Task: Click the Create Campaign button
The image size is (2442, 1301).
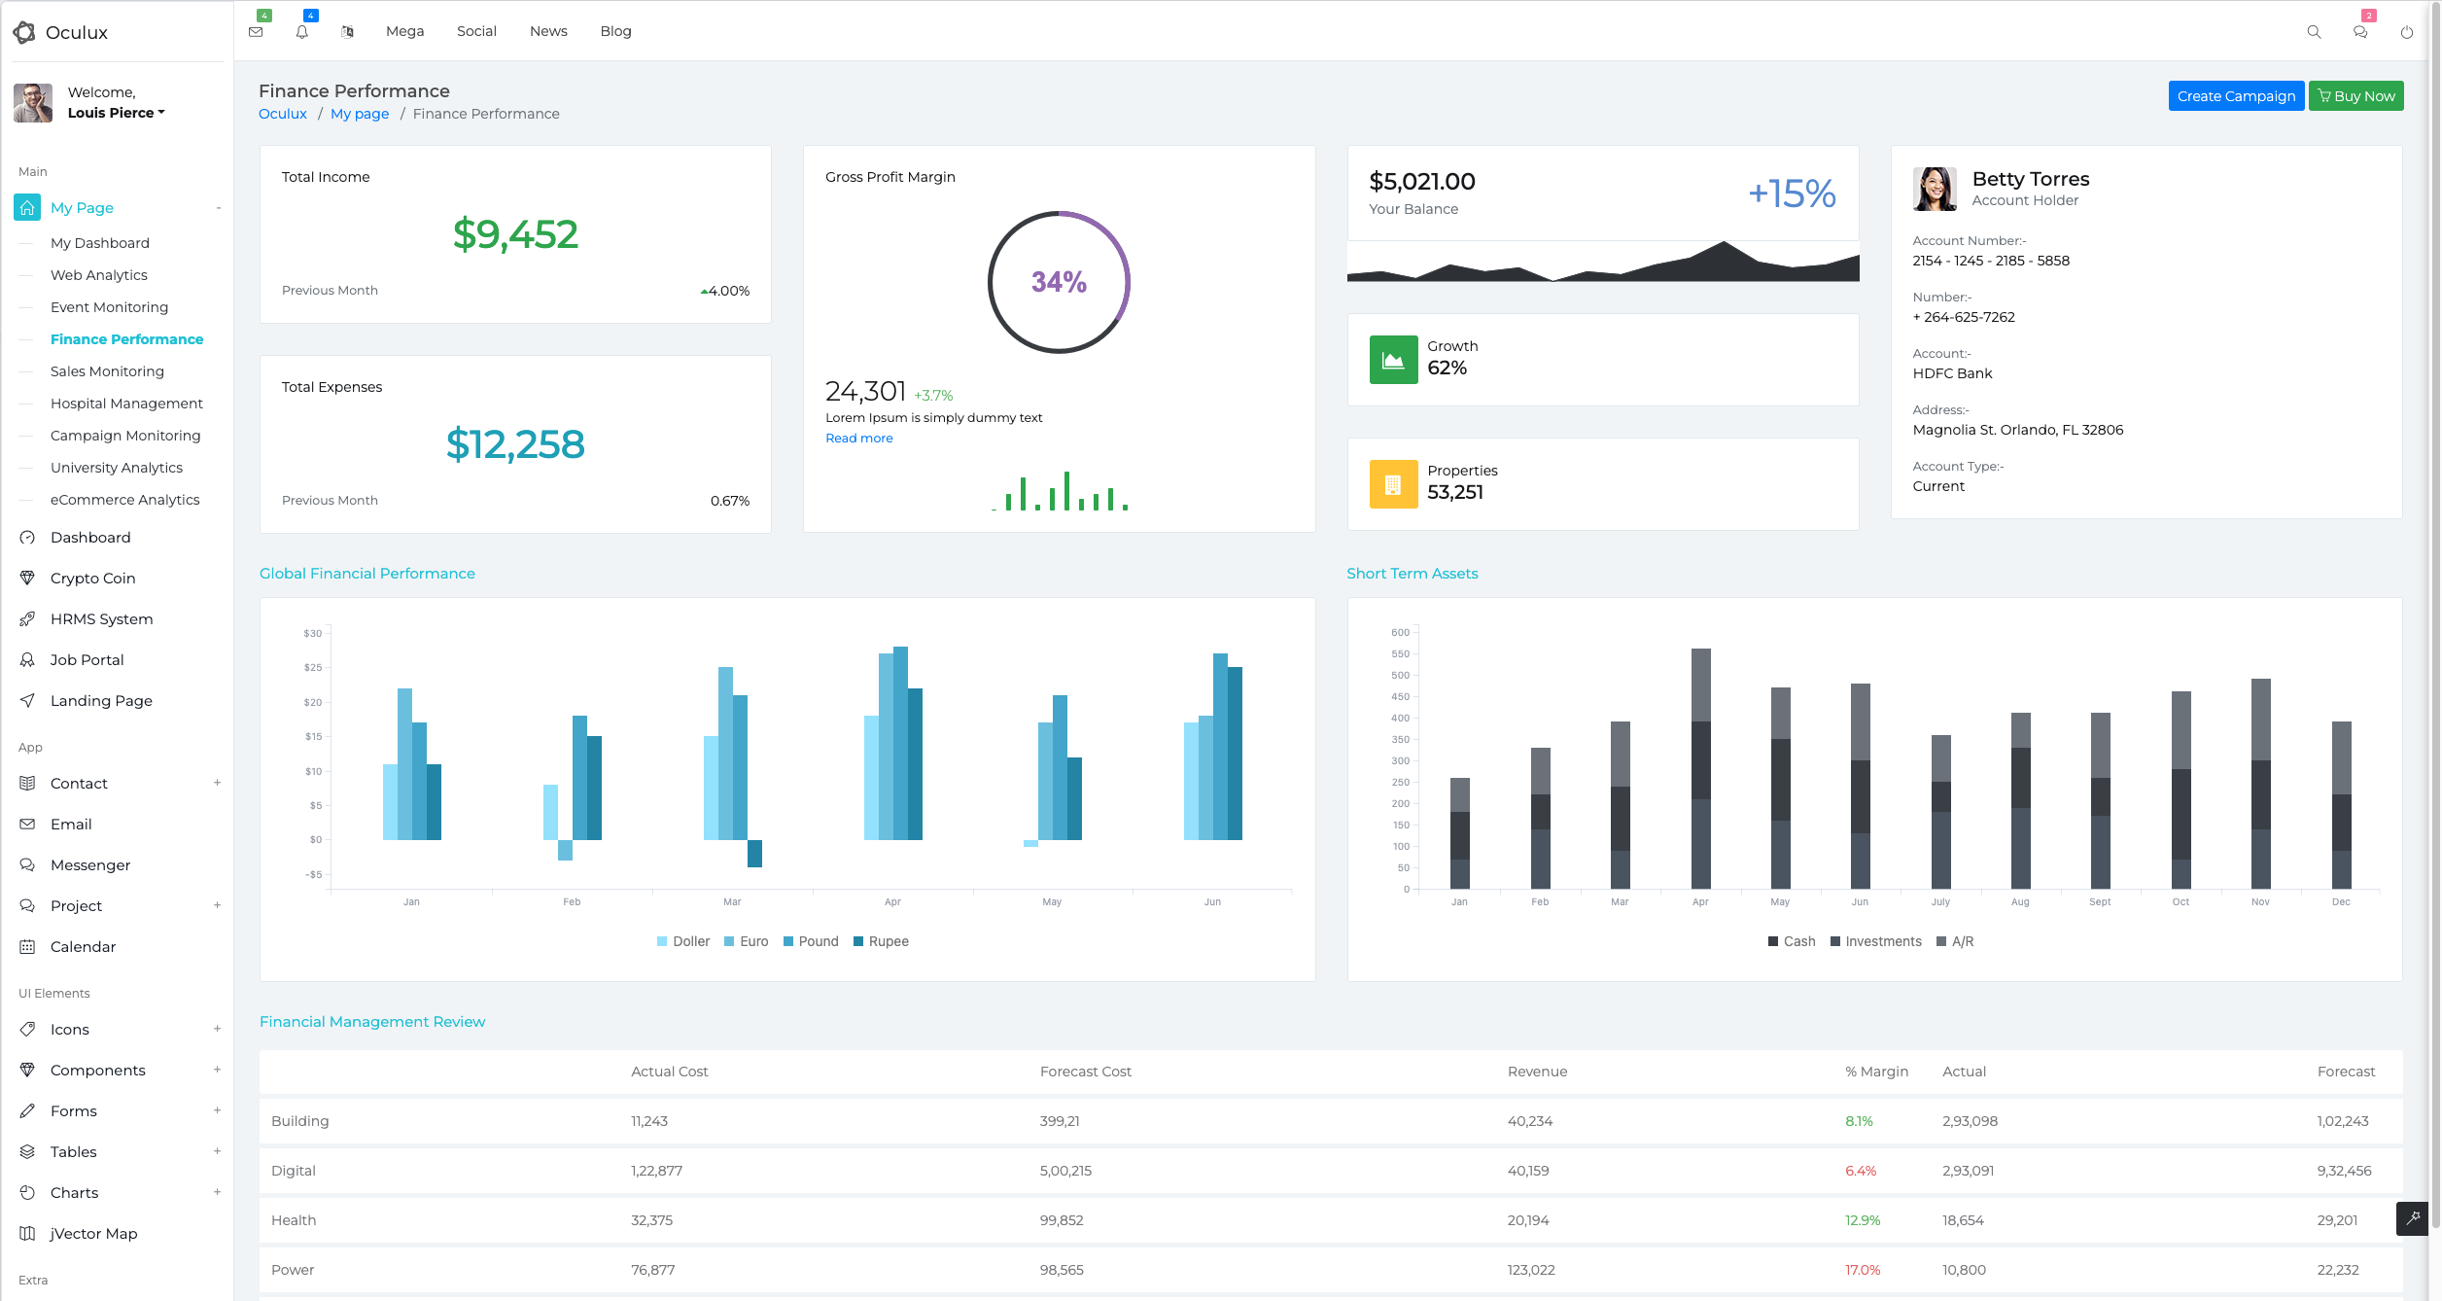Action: tap(2236, 96)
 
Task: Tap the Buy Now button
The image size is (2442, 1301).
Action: tap(2355, 96)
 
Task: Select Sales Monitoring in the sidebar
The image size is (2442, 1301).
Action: tap(107, 371)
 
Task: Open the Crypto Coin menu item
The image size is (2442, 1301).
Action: tap(92, 579)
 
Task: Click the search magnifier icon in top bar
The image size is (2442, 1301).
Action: tap(2314, 32)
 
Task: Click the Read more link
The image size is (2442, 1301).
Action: tap(858, 439)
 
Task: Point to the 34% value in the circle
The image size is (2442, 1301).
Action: tap(1059, 282)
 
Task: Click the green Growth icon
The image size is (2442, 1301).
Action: tap(1393, 360)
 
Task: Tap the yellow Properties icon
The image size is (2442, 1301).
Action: tap(1393, 484)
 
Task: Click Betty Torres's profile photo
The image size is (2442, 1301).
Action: tap(1935, 189)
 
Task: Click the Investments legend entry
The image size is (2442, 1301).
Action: tap(1875, 941)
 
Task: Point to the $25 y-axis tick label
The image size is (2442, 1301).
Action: tap(312, 668)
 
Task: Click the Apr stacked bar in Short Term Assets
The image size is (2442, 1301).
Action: tap(1700, 768)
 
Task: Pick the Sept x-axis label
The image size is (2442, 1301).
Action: tap(2100, 902)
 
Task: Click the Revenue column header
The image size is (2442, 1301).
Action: tap(1537, 1072)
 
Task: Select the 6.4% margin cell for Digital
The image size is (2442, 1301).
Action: tap(1861, 1171)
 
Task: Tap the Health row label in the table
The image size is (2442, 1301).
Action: tap(294, 1220)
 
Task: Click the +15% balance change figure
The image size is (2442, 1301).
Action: tap(1792, 193)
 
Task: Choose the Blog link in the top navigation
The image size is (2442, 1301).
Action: tap(615, 31)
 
